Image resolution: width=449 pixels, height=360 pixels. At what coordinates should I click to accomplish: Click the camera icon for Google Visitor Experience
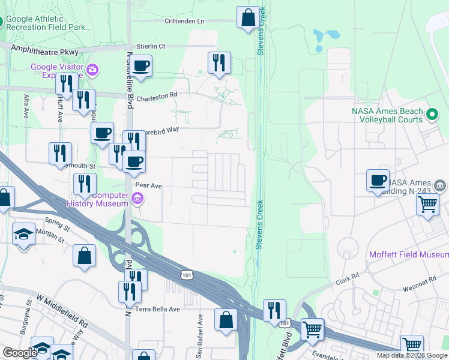[x=92, y=71]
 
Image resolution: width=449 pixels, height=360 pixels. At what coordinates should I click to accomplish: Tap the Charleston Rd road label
[x=157, y=95]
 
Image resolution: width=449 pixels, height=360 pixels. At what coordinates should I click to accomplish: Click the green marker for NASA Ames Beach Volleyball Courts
[x=432, y=113]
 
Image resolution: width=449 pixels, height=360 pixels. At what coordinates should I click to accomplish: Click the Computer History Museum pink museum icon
[x=137, y=199]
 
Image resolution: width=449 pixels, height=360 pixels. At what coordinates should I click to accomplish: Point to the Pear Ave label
[x=149, y=186]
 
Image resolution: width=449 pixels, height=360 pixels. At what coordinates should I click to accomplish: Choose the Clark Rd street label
[x=347, y=278]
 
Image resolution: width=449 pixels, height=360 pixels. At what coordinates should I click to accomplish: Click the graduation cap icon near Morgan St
[x=24, y=234]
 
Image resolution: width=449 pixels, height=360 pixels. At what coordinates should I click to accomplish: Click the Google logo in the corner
[x=20, y=353]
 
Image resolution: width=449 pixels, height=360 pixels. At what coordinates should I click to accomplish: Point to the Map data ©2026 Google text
[x=412, y=355]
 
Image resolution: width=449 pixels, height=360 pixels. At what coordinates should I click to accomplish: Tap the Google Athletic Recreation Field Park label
[x=48, y=23]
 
